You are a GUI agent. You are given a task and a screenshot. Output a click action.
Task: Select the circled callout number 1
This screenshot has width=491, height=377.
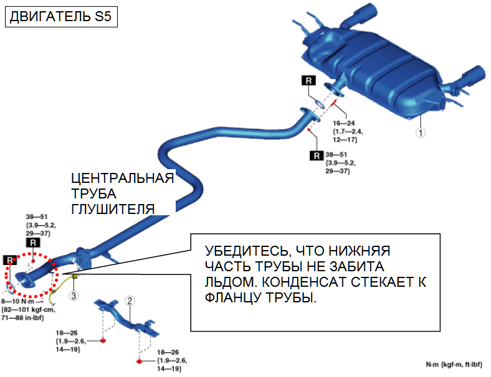click(x=421, y=132)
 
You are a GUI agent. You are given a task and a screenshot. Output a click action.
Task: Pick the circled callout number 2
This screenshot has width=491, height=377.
click(x=130, y=300)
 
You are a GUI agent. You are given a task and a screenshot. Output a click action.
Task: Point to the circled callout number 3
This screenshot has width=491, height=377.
click(x=74, y=296)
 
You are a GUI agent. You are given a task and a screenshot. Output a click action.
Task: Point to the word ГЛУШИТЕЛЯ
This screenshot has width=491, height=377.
click(x=113, y=209)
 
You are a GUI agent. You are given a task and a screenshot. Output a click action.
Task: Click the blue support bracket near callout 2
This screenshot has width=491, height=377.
click(x=125, y=314)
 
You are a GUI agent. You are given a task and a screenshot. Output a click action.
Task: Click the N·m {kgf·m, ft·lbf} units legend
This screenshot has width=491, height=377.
click(x=457, y=364)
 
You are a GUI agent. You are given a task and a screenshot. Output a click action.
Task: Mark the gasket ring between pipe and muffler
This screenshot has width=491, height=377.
click(x=317, y=103)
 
